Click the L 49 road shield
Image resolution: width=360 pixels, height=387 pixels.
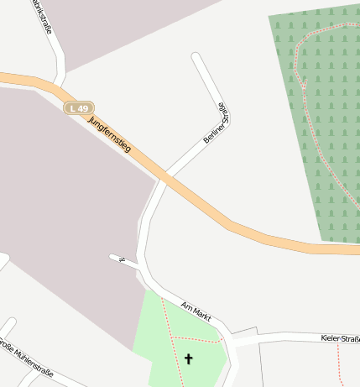(x=80, y=108)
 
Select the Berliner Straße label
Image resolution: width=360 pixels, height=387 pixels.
(x=217, y=123)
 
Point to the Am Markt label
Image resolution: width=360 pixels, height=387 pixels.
(x=196, y=312)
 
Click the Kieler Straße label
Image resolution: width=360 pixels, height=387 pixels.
(x=340, y=338)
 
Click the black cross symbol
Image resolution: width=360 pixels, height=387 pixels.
(x=188, y=359)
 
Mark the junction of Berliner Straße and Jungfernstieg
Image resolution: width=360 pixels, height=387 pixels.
(x=164, y=178)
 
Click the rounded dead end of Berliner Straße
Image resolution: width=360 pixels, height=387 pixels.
(x=196, y=58)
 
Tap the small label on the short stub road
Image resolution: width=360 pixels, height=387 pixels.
(x=123, y=259)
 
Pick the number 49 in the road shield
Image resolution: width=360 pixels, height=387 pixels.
(x=83, y=108)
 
